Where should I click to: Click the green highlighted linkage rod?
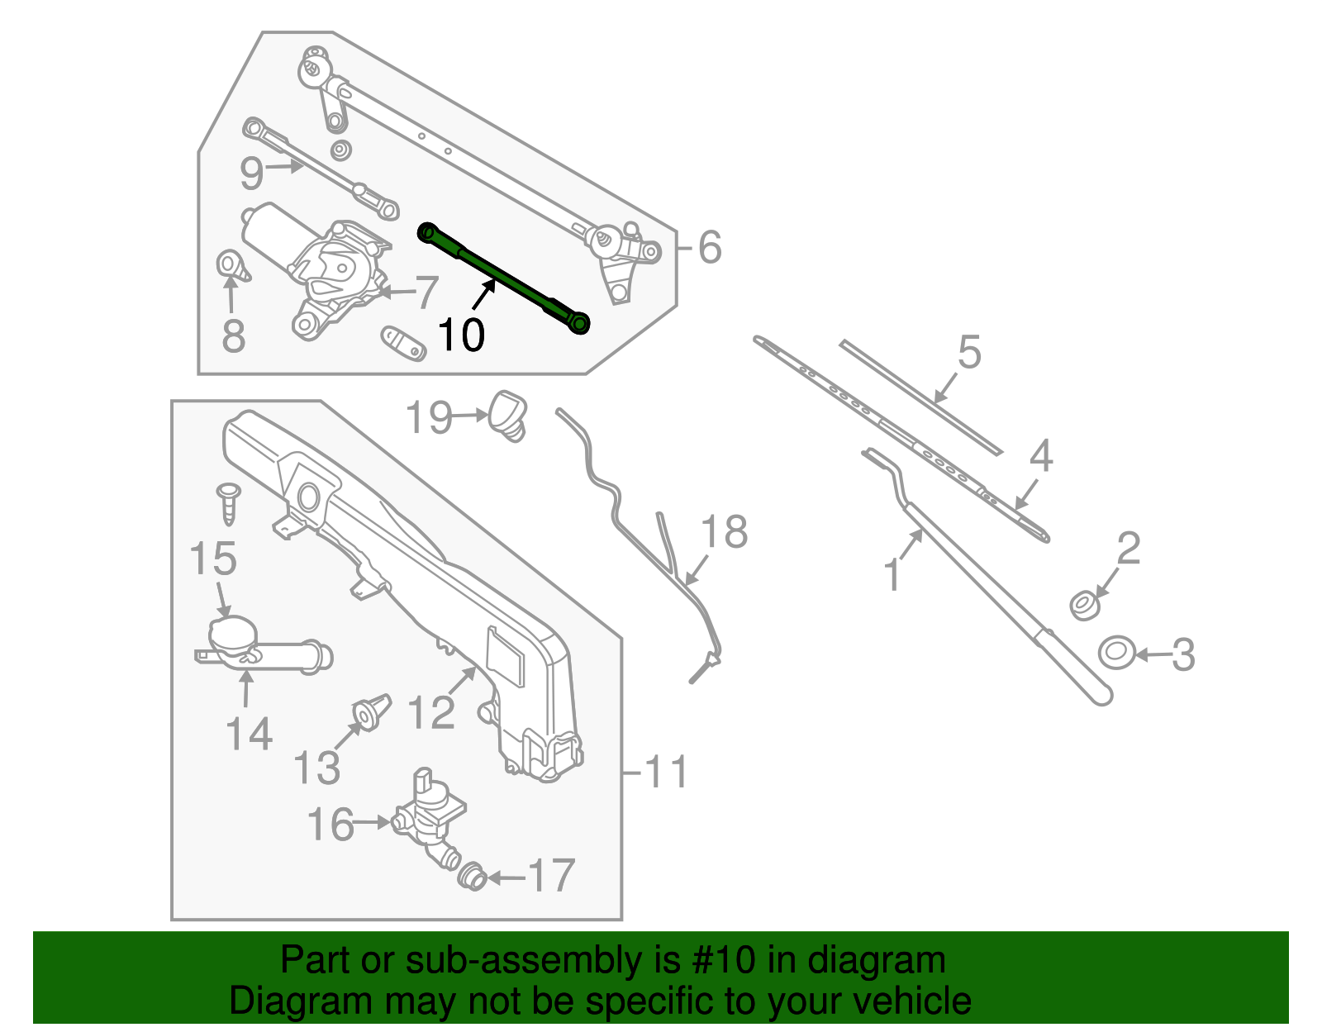click(x=504, y=279)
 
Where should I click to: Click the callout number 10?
click(x=461, y=335)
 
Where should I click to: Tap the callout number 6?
click(x=710, y=247)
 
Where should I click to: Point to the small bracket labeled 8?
click(x=231, y=267)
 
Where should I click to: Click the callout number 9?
click(x=251, y=174)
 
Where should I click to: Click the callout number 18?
click(x=725, y=532)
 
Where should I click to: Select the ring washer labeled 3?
click(x=1115, y=653)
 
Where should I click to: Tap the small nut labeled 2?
click(x=1083, y=605)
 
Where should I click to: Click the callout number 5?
click(x=969, y=353)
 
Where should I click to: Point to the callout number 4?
click(x=1041, y=456)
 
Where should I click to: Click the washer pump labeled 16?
click(x=428, y=814)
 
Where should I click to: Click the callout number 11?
click(x=666, y=773)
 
